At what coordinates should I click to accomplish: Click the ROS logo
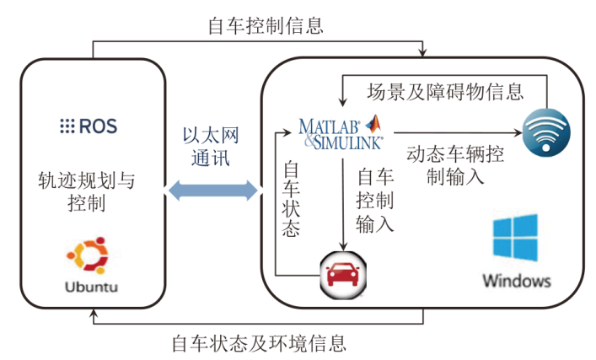coord(88,126)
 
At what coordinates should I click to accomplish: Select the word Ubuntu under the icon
coord(91,287)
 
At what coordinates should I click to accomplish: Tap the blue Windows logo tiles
coord(515,237)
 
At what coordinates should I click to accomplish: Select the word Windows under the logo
coord(516,280)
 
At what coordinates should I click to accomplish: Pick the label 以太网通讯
coord(211,147)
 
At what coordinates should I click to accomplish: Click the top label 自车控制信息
coord(266,25)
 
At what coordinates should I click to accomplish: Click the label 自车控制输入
coord(375,201)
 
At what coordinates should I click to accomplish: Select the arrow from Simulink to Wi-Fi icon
coord(455,133)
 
